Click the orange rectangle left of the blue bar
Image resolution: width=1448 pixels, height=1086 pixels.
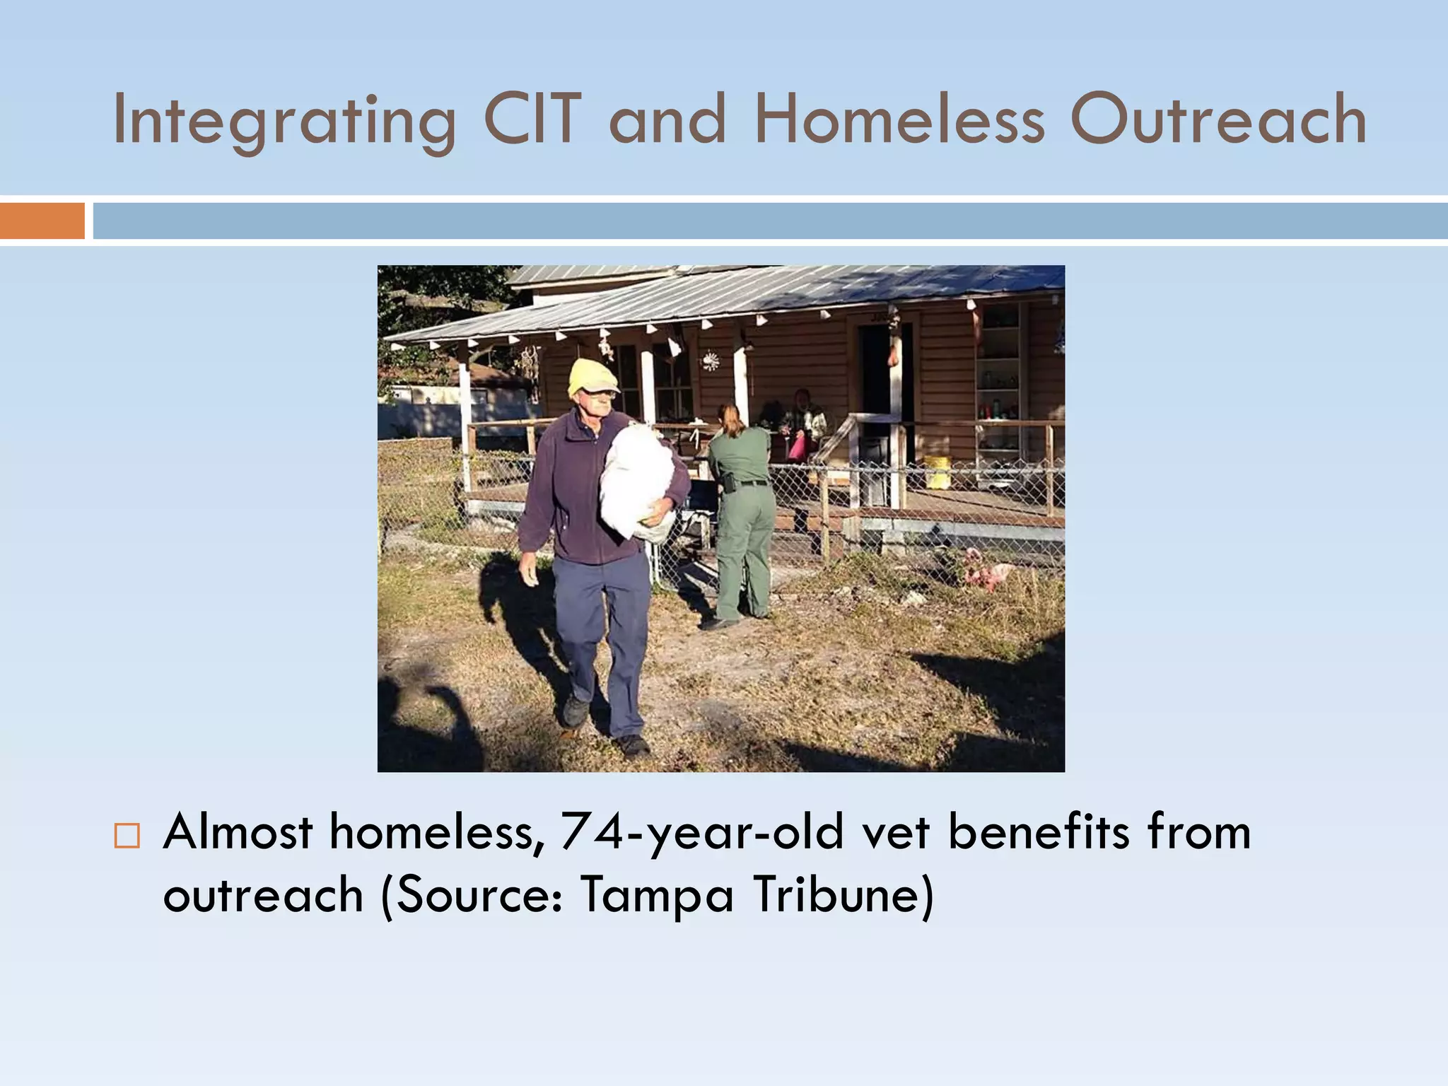coord(42,221)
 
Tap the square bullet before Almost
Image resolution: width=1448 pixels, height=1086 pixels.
coord(127,836)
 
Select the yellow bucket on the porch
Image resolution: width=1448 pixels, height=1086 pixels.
coord(938,472)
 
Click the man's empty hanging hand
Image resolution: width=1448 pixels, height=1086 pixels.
coord(529,570)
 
